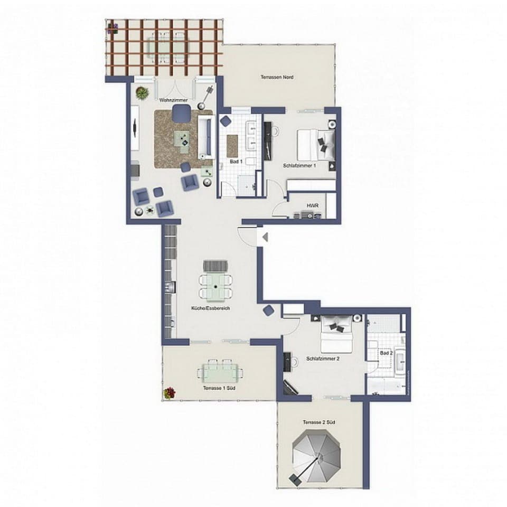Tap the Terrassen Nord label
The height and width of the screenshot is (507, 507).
pyautogui.click(x=277, y=78)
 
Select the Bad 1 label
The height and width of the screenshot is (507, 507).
pyautogui.click(x=236, y=161)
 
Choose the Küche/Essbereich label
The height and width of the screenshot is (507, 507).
pyautogui.click(x=211, y=308)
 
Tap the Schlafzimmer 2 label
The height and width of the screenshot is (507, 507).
pyautogui.click(x=322, y=359)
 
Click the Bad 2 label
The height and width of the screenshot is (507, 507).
pyautogui.click(x=386, y=352)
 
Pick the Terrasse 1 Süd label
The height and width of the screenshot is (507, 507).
pyautogui.click(x=219, y=388)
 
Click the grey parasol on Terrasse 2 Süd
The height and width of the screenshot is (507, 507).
pyautogui.click(x=317, y=453)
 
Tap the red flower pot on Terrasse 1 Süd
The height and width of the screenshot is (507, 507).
pyautogui.click(x=170, y=393)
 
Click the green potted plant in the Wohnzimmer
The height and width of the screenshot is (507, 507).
pyautogui.click(x=142, y=93)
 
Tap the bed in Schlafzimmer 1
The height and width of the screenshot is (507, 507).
pyautogui.click(x=316, y=145)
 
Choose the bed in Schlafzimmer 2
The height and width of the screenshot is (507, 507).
pyautogui.click(x=337, y=334)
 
